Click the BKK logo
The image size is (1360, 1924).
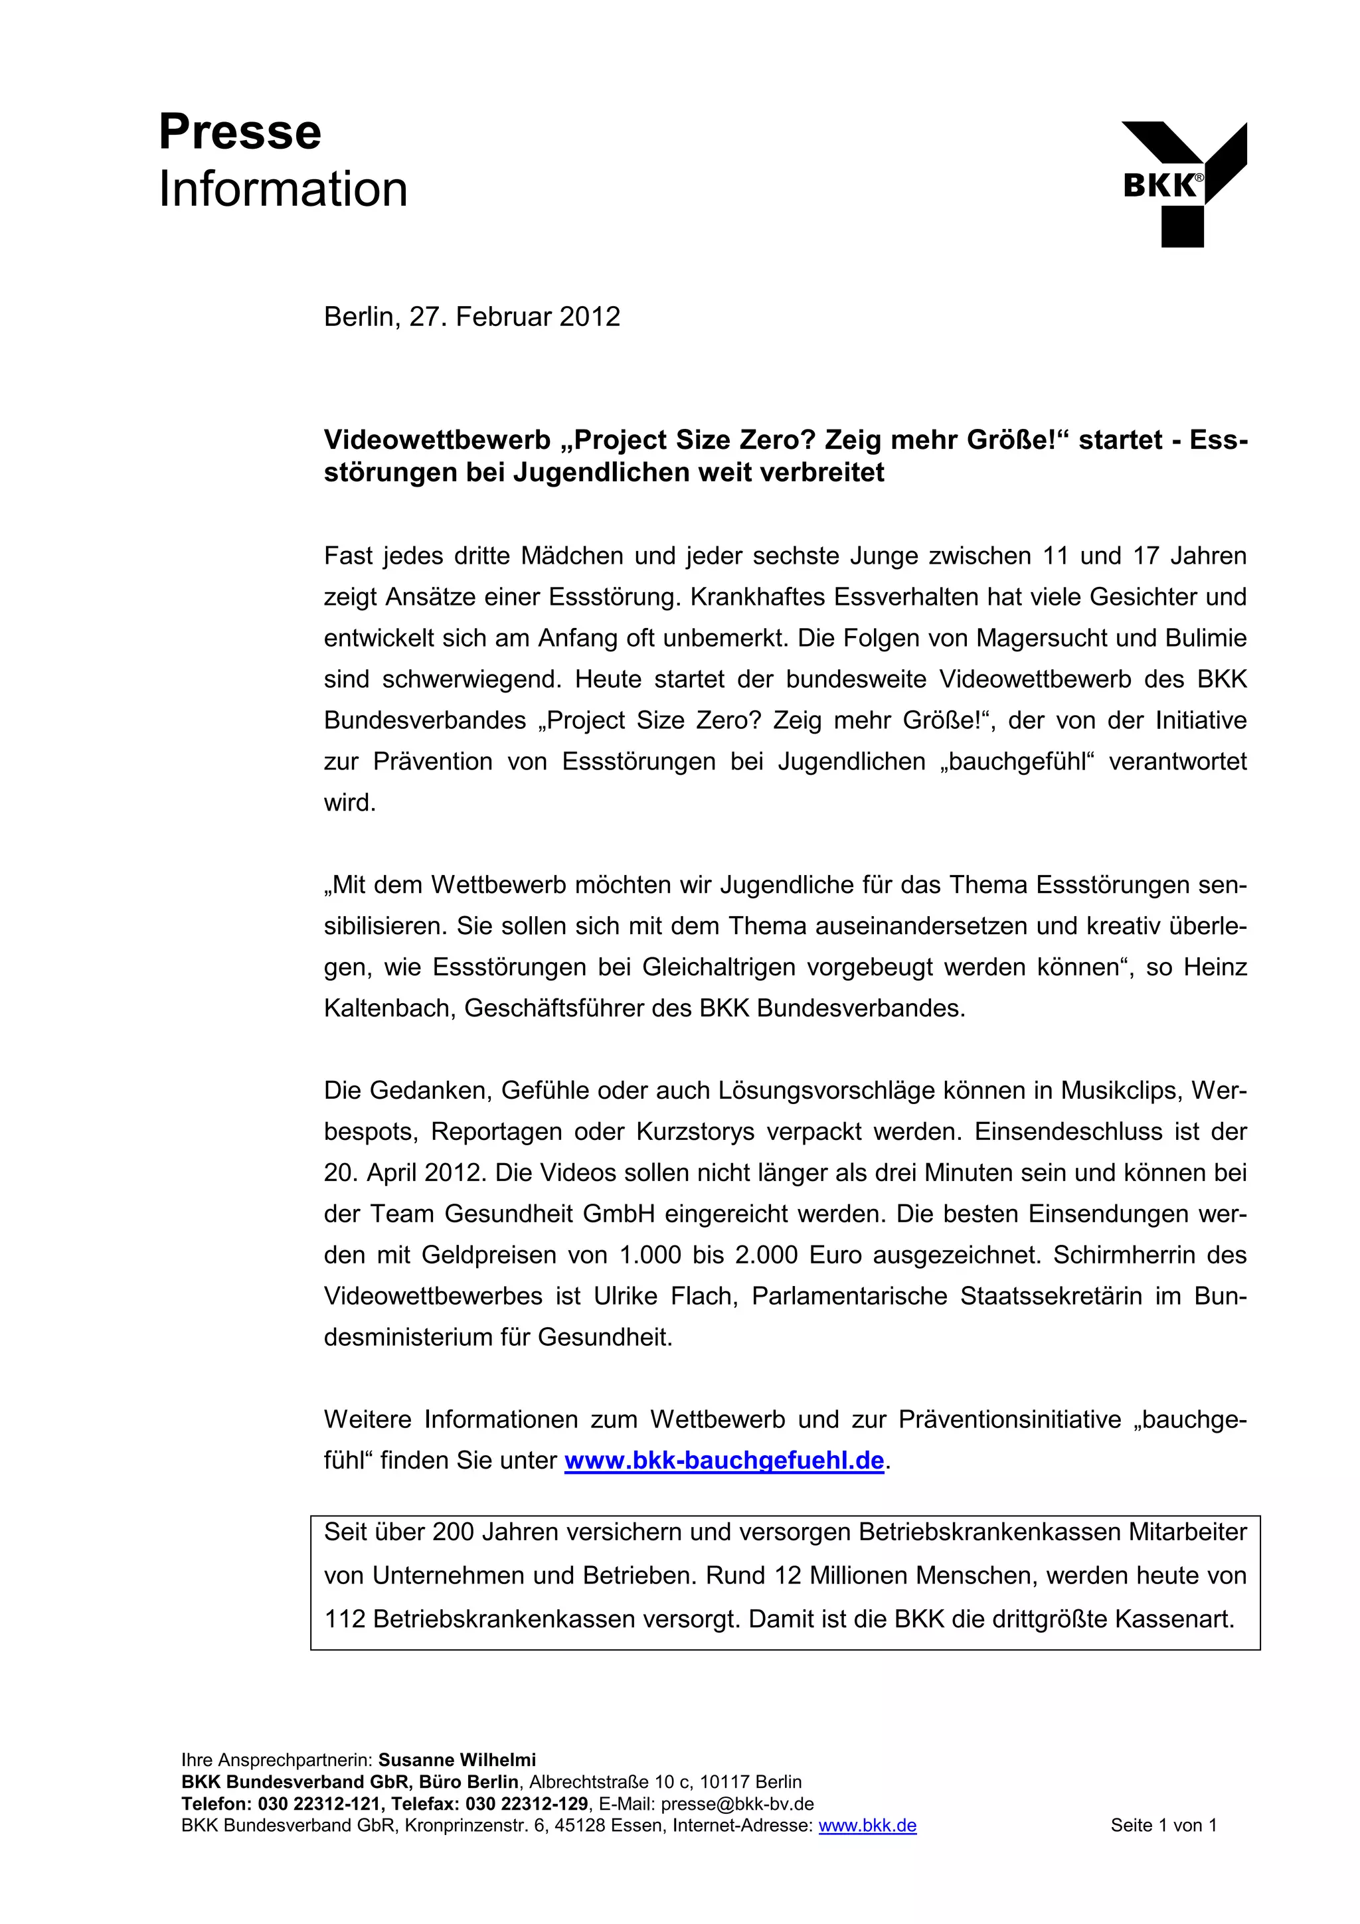click(x=1183, y=185)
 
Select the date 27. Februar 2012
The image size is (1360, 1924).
click(x=515, y=317)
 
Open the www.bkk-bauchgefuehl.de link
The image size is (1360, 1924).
click(x=724, y=1460)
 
